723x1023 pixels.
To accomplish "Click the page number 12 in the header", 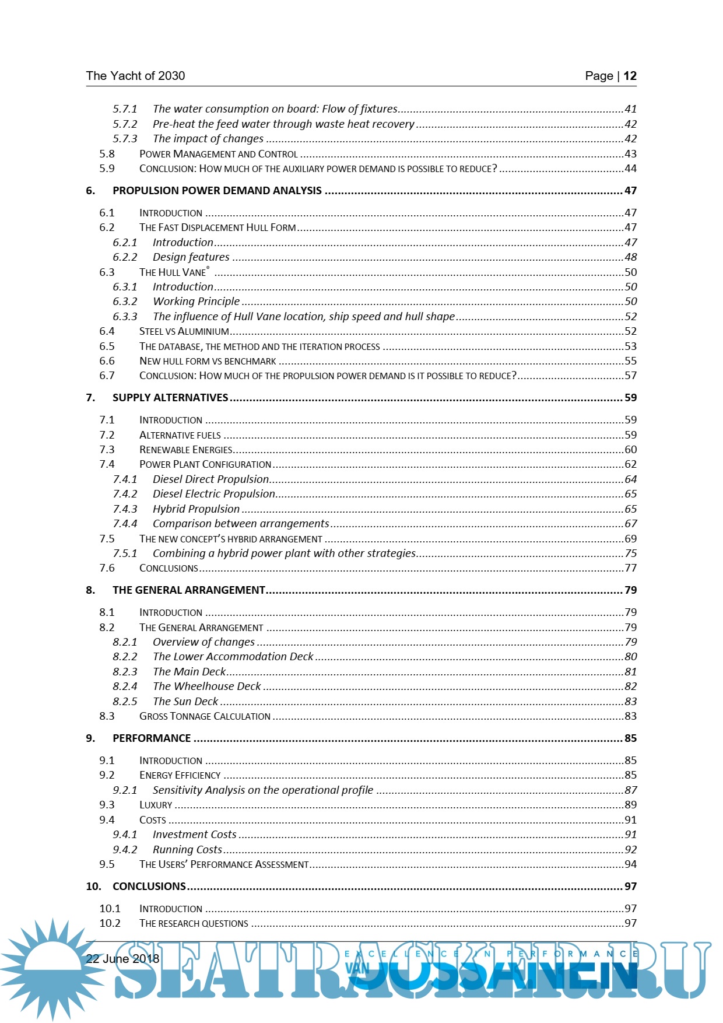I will coord(630,76).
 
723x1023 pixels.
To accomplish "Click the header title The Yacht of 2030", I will coord(135,76).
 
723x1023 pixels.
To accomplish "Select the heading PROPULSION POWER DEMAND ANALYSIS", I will coord(217,191).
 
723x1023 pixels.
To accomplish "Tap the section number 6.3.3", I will coord(125,317).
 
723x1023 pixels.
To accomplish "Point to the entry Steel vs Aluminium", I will coord(184,331).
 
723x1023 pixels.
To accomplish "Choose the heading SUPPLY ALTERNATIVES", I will coord(170,398).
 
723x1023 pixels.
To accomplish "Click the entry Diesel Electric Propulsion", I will coord(213,494).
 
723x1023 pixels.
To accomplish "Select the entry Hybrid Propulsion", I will coord(196,509).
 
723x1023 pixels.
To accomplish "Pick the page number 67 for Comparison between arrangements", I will coord(630,524).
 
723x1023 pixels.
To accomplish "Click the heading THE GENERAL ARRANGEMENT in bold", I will coord(189,590).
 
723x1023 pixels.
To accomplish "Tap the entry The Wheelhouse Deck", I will coord(206,686).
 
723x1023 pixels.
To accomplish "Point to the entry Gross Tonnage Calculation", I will coord(205,716).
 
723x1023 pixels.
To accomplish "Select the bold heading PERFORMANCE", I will coord(152,738).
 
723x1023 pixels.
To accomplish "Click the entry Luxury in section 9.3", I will coord(156,805).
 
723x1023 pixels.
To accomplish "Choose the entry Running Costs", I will coord(187,850).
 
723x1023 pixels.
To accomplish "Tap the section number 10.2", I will coord(110,923).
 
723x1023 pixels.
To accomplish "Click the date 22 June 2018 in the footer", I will coord(122,959).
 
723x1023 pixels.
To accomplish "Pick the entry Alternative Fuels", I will coord(180,435).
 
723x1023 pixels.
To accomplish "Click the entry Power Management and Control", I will coord(218,154).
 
